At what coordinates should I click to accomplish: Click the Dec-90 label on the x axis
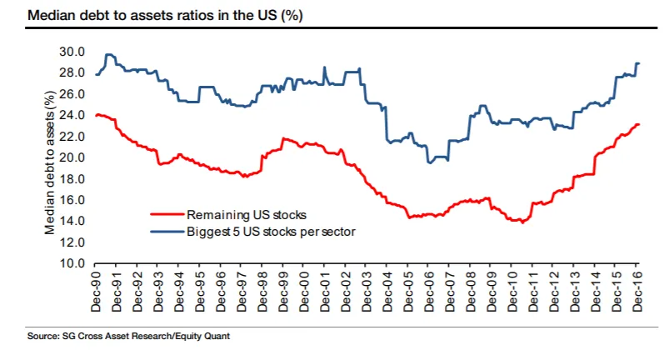[97, 292]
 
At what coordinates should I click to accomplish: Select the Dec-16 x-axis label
[638, 292]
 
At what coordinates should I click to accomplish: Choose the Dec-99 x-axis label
[284, 292]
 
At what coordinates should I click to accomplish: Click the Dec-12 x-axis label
[555, 292]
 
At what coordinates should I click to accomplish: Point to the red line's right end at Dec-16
[638, 125]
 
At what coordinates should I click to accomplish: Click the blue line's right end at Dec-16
[638, 63]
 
